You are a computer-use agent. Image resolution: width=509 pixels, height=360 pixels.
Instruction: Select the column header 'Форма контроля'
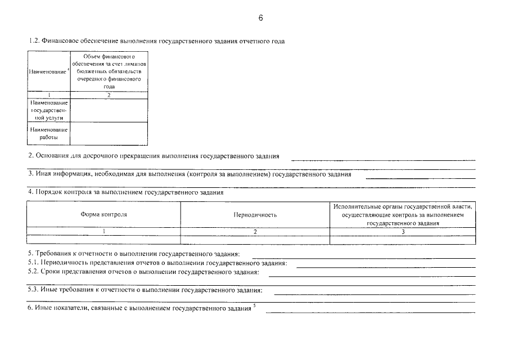[103, 214]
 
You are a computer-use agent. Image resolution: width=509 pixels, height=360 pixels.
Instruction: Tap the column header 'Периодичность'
[255, 215]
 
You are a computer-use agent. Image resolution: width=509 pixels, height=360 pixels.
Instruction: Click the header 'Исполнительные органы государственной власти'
[402, 206]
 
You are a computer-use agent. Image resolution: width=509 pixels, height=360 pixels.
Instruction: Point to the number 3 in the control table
[403, 231]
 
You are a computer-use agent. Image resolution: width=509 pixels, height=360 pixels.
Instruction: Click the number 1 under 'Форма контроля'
[103, 231]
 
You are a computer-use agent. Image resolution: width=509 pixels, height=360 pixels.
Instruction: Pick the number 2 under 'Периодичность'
[255, 231]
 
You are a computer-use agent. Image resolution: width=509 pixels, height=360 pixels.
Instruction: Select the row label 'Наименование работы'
[48, 134]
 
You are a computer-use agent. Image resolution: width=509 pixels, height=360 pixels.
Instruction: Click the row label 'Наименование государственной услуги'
[48, 110]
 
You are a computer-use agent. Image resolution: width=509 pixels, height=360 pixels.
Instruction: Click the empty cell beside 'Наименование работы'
[109, 134]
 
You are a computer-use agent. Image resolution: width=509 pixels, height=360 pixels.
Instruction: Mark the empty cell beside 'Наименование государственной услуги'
[109, 110]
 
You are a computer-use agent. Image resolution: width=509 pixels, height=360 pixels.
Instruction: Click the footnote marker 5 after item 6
[254, 305]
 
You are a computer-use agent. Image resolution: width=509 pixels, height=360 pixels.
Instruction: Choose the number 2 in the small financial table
[109, 95]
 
